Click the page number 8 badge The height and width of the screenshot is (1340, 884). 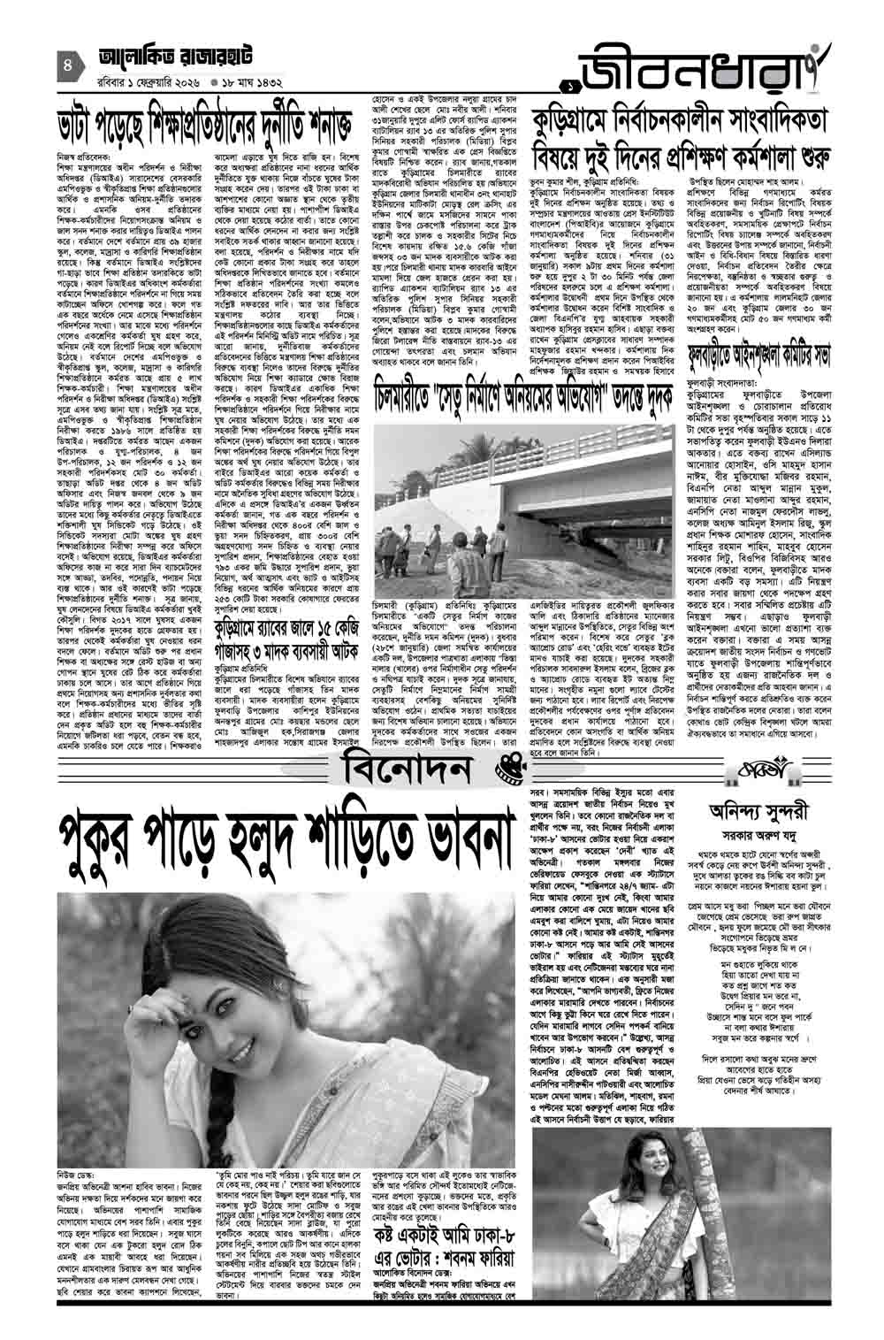point(67,65)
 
